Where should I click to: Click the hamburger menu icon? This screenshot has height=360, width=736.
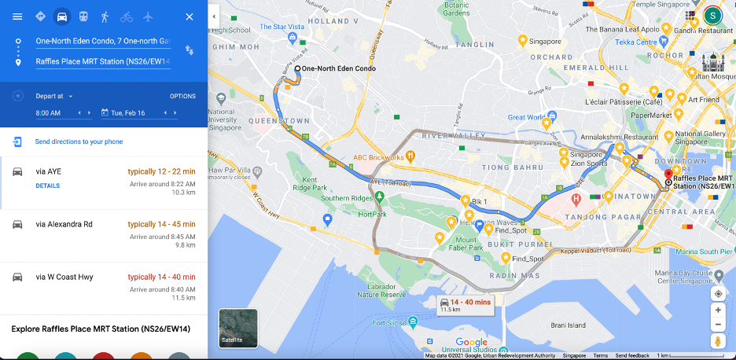click(x=17, y=17)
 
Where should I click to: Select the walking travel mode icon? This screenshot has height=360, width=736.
click(x=105, y=17)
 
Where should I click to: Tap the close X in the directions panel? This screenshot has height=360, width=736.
click(x=189, y=17)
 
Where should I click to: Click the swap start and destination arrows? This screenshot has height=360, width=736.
click(x=189, y=50)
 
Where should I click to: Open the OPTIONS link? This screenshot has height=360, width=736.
click(x=182, y=96)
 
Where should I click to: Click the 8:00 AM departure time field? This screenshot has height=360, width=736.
click(x=49, y=113)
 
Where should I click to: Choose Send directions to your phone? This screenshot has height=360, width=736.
click(x=79, y=141)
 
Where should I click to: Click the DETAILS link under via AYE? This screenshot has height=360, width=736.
click(x=47, y=186)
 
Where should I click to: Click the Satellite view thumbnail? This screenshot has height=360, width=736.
click(x=237, y=328)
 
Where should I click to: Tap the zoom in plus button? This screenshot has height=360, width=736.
click(x=717, y=310)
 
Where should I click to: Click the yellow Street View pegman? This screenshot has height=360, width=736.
click(x=717, y=341)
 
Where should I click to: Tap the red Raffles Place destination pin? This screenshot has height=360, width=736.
click(x=668, y=175)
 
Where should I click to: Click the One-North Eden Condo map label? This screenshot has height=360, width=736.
click(x=339, y=69)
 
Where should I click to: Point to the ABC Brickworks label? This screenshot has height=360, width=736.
click(x=378, y=157)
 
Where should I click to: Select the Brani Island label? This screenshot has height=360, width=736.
click(x=568, y=325)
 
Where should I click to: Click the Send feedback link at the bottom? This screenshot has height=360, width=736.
click(x=632, y=356)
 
